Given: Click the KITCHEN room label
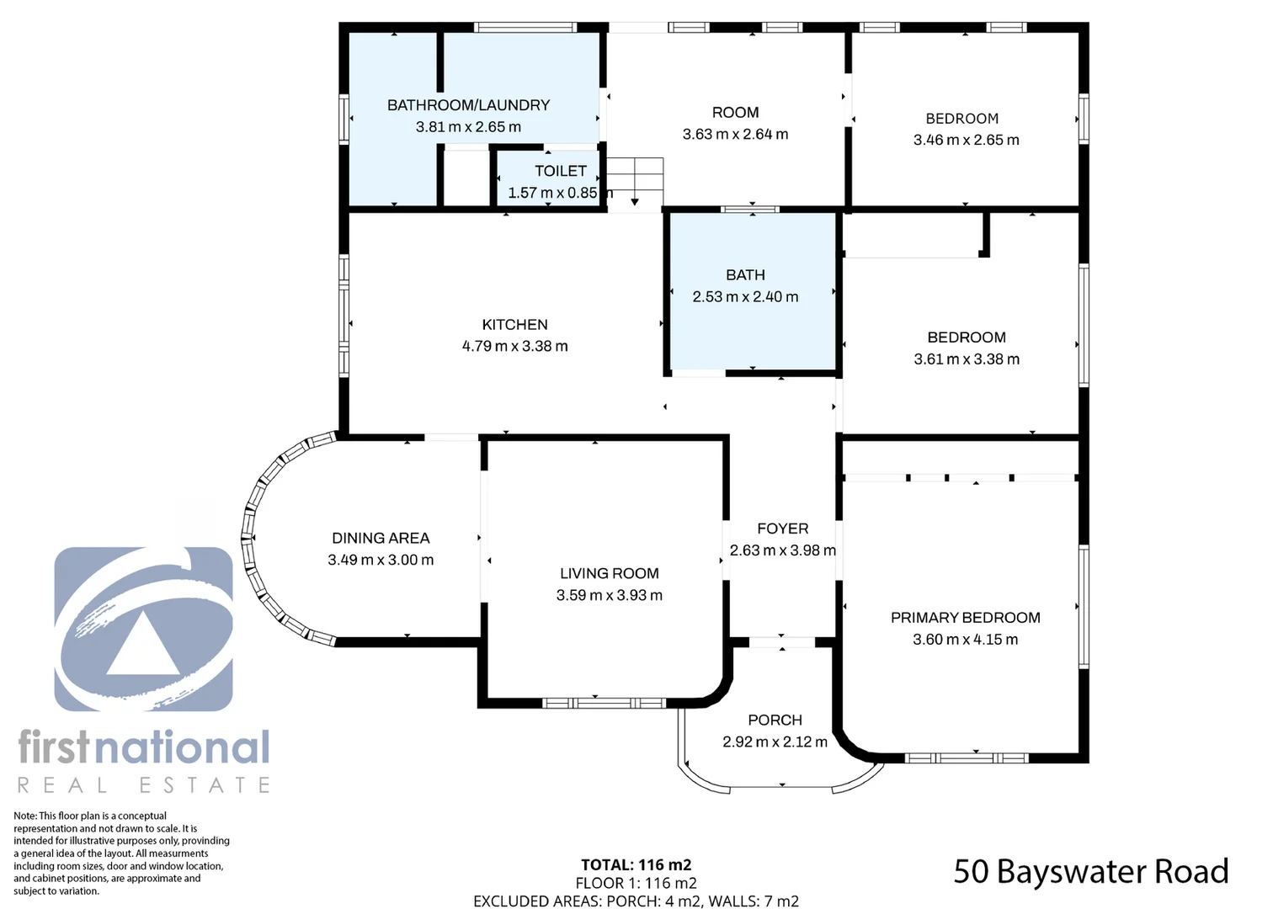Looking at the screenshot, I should tap(514, 325).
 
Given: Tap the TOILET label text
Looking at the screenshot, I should tap(560, 171).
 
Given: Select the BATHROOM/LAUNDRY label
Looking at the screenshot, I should tap(468, 105).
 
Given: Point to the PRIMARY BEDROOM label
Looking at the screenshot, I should tap(965, 618).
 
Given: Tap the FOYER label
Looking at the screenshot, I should tap(782, 529).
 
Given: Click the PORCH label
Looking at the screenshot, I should tap(775, 720).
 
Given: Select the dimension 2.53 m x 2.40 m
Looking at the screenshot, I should tap(745, 297).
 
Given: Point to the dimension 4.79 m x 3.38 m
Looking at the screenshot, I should tap(514, 347).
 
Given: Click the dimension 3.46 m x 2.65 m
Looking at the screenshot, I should tap(966, 141).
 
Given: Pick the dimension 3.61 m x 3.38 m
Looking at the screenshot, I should tap(966, 359).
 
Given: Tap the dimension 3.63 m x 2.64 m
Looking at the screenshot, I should tap(735, 135).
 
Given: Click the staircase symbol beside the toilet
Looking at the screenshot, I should tap(635, 180).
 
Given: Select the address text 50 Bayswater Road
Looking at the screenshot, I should tap(1090, 872).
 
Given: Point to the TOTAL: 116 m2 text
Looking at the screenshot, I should tap(636, 865).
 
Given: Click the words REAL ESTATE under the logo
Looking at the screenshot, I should tap(144, 785).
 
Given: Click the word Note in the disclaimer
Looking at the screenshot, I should tap(25, 816).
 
